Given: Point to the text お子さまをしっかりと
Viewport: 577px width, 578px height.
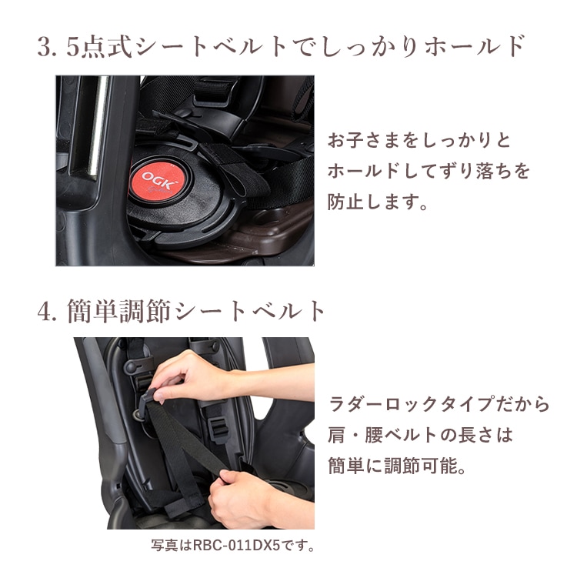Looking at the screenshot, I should tap(409, 142).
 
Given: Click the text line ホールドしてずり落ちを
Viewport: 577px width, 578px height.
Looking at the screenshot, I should tap(429, 172).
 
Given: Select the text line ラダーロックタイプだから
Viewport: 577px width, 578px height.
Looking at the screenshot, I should tap(439, 403).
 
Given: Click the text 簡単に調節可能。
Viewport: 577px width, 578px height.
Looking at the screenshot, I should tap(397, 466).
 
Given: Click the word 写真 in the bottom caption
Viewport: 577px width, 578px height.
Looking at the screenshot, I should tap(163, 546).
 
